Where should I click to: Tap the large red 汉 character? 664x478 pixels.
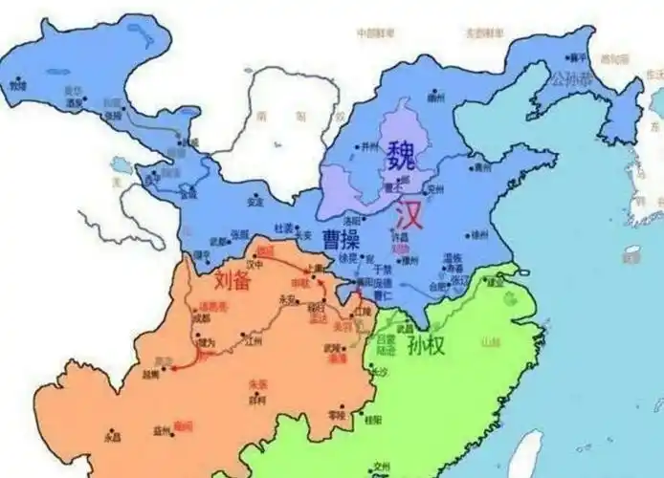407,211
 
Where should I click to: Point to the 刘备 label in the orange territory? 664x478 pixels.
233,281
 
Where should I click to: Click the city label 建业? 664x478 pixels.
496,283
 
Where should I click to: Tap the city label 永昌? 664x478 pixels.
112,438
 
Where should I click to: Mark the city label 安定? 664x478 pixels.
255,203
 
